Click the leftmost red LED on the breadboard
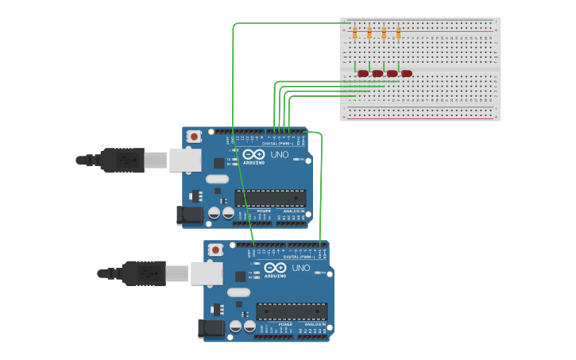(363, 74)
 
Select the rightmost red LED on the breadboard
(407, 74)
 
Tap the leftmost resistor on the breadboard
(355, 33)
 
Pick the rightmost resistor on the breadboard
(398, 33)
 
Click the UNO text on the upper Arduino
(280, 154)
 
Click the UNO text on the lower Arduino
(301, 268)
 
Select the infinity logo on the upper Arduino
(253, 153)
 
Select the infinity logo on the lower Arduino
(275, 267)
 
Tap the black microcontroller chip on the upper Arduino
(270, 198)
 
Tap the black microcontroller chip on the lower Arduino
(292, 312)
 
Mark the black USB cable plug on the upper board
(123, 160)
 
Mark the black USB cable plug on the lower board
(145, 273)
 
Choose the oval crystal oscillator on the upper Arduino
(217, 179)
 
